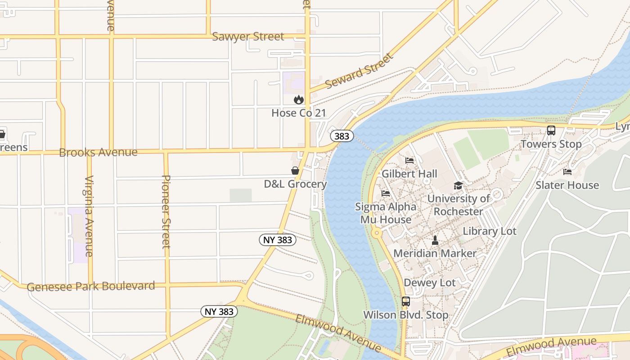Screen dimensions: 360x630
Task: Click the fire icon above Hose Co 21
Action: [x=298, y=99]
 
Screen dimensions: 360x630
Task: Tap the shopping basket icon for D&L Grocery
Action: [x=295, y=171]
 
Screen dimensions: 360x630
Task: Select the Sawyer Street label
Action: [x=248, y=36]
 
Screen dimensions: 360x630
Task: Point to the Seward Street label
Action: [x=359, y=71]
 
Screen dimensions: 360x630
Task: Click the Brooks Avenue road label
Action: [x=98, y=152]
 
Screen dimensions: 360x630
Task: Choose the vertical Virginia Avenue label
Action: [x=89, y=216]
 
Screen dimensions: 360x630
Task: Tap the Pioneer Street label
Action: [x=166, y=211]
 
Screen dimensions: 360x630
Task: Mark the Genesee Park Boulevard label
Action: [x=91, y=286]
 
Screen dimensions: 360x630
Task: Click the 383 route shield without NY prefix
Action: [x=342, y=136]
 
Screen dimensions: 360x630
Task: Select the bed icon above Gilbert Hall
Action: [x=409, y=160]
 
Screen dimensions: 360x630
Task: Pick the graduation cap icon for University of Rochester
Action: [x=458, y=185]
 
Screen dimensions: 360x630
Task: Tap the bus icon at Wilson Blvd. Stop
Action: [x=405, y=301]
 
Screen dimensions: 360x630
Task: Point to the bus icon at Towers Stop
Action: [x=551, y=130]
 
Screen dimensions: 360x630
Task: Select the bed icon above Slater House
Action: [x=567, y=171]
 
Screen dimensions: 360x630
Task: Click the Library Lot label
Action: [x=490, y=231]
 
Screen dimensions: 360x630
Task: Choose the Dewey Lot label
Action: [x=429, y=283]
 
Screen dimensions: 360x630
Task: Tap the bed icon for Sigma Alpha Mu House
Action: [x=386, y=193]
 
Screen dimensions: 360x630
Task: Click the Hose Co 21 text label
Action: [x=298, y=113]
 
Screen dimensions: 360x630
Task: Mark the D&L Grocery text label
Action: [x=295, y=184]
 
